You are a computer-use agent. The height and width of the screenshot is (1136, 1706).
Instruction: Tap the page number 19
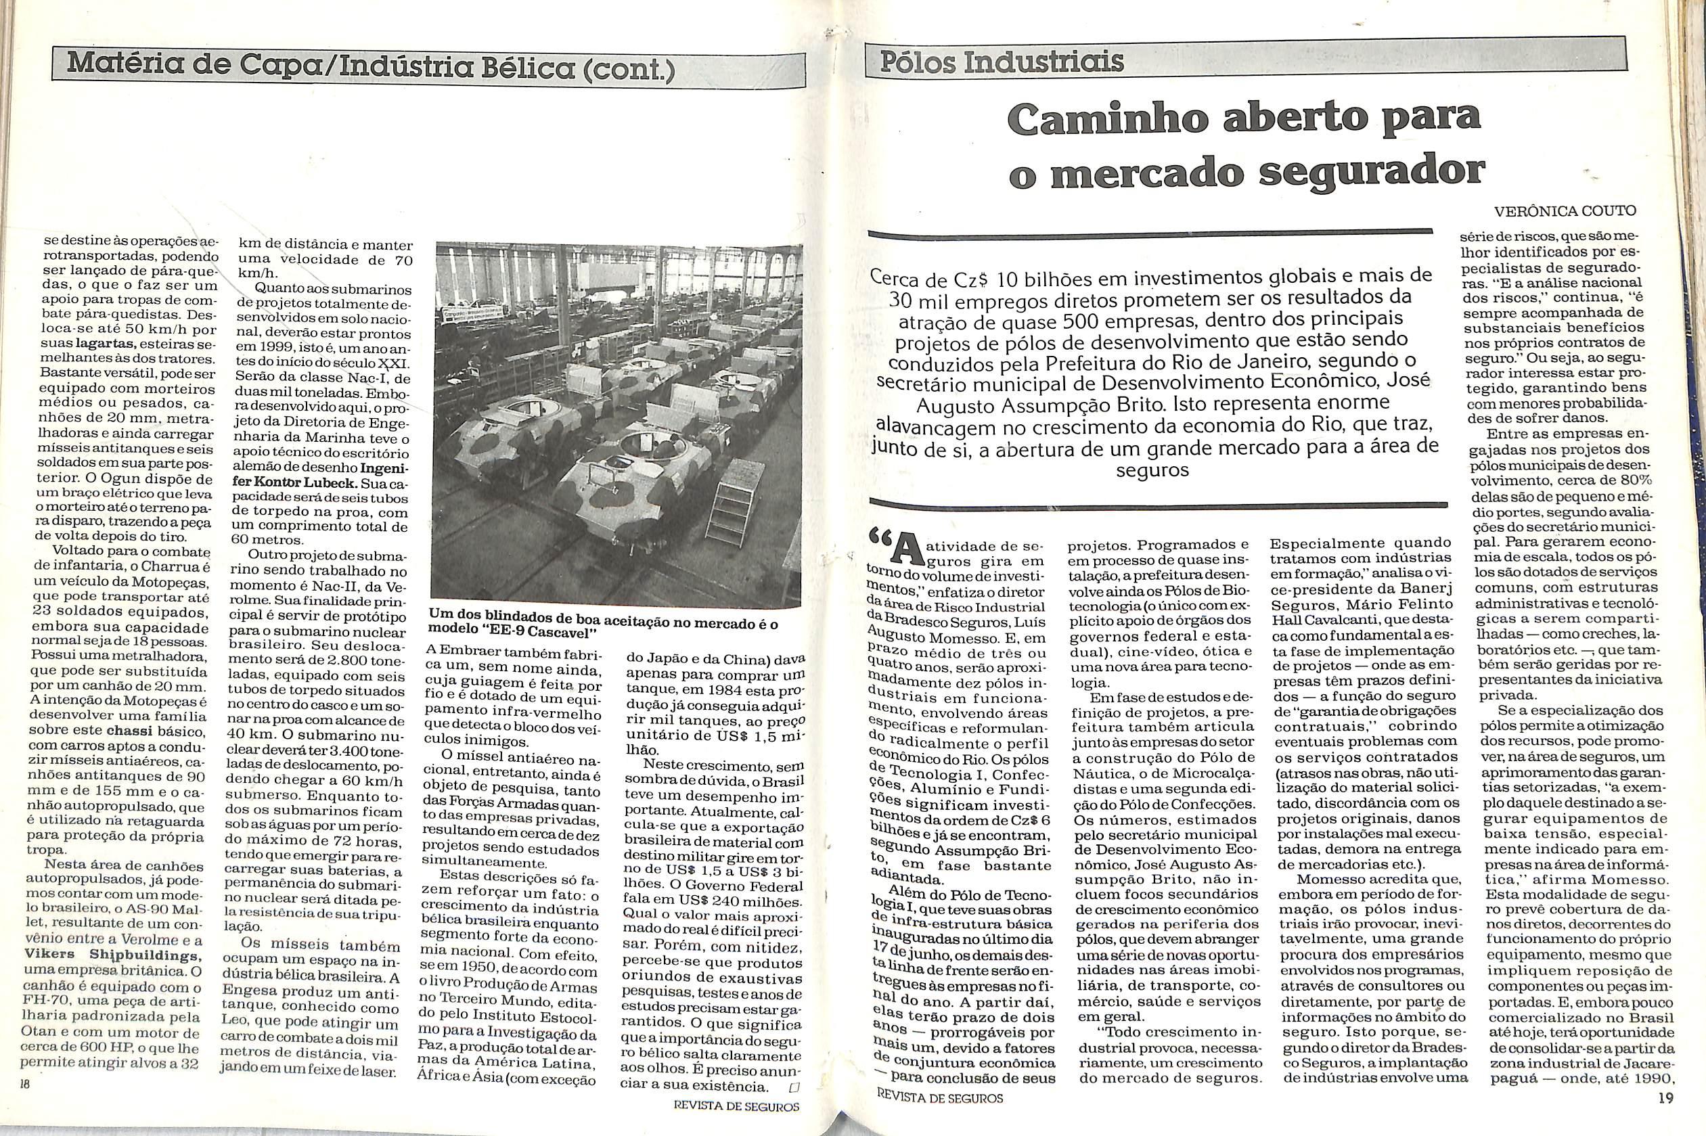point(1665,1117)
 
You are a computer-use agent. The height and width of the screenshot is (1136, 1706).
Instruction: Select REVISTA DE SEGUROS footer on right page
point(939,1118)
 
